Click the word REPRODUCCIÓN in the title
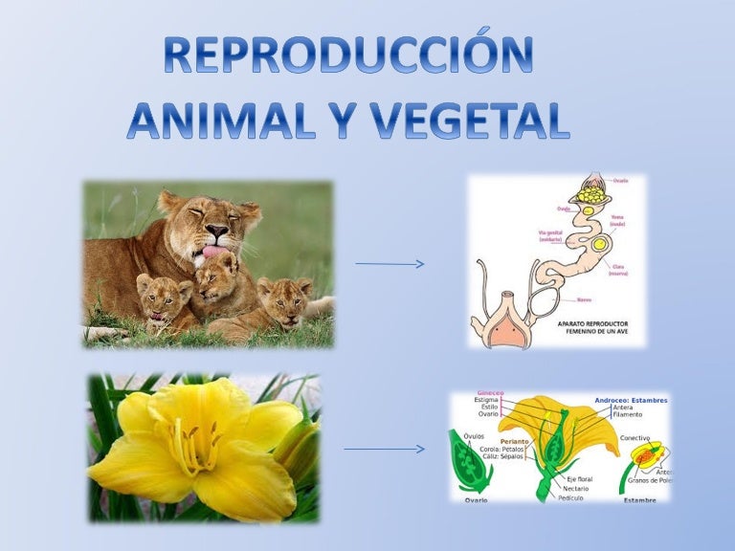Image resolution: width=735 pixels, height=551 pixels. tap(348, 56)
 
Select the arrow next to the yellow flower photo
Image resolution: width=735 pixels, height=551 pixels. tap(383, 449)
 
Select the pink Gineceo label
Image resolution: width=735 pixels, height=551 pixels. tap(490, 393)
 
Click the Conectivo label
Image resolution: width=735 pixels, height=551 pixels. tap(635, 438)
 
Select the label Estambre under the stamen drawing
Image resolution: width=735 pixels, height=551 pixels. tap(639, 499)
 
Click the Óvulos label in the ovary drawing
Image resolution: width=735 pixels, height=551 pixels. tap(474, 435)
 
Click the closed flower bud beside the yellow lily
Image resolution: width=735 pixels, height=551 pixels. tap(298, 450)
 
